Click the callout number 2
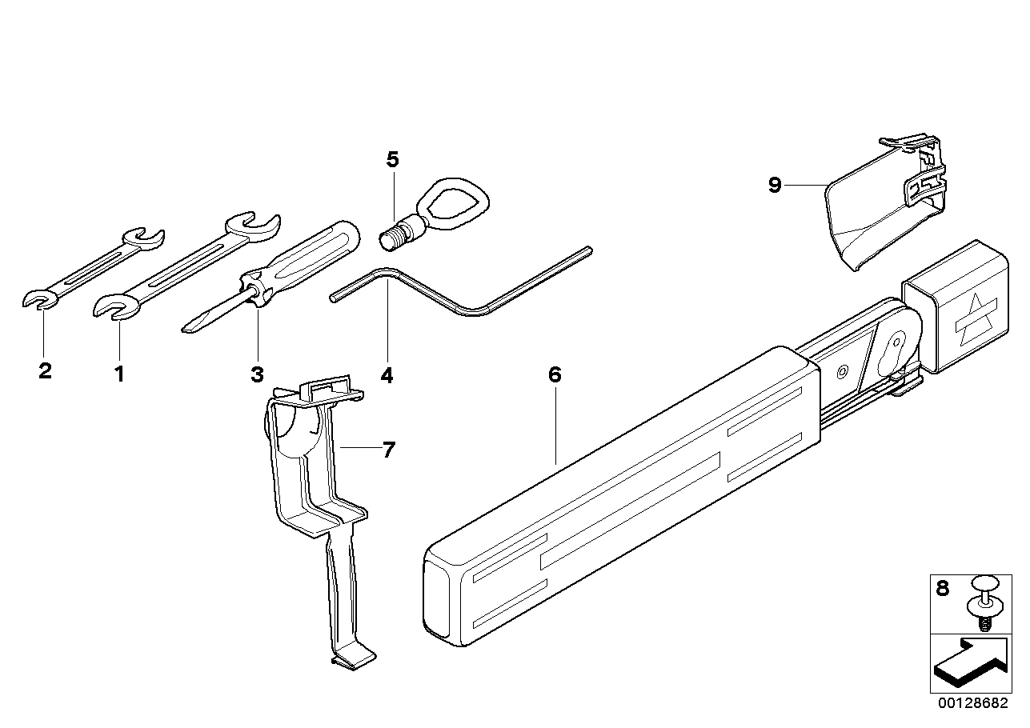45,371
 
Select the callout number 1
118,374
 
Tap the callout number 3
257,374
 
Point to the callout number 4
387,374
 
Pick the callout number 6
555,375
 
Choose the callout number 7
388,450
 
